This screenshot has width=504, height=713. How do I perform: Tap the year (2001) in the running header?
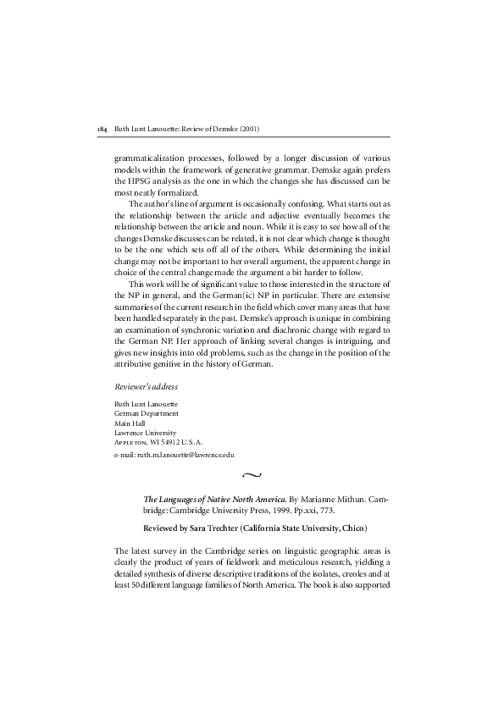point(249,129)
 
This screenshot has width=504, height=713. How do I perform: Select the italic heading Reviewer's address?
point(146,386)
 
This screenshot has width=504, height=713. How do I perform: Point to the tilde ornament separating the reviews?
point(252,477)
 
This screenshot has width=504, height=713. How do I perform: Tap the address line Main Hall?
point(130,423)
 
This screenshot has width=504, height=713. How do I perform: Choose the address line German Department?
point(146,413)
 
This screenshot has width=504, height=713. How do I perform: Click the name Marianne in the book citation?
point(307,500)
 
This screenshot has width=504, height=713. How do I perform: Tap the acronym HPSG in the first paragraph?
point(140,181)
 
